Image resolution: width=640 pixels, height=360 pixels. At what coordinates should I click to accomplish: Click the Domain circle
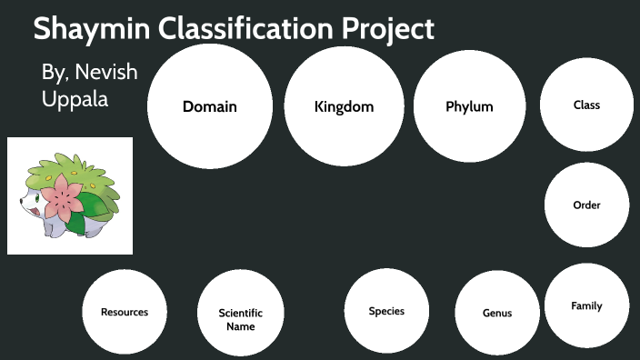(x=209, y=106)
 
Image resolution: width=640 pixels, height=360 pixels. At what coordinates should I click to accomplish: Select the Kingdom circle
(x=344, y=106)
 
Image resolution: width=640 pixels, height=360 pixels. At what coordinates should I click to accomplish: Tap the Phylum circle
(x=469, y=106)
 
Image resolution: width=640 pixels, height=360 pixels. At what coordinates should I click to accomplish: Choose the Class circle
(x=586, y=105)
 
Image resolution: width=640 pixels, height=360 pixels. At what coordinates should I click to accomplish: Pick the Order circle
(x=586, y=205)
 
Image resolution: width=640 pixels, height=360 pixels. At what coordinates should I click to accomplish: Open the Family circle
(x=586, y=305)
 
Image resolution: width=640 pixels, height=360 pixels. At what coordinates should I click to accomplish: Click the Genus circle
(x=497, y=313)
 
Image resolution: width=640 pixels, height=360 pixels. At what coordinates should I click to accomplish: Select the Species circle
(x=386, y=311)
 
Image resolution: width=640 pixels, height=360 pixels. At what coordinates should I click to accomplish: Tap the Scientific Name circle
(x=240, y=319)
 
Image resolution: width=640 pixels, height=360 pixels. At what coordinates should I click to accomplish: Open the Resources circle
(x=124, y=312)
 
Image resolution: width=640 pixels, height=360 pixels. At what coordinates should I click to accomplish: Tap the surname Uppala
(x=75, y=99)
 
